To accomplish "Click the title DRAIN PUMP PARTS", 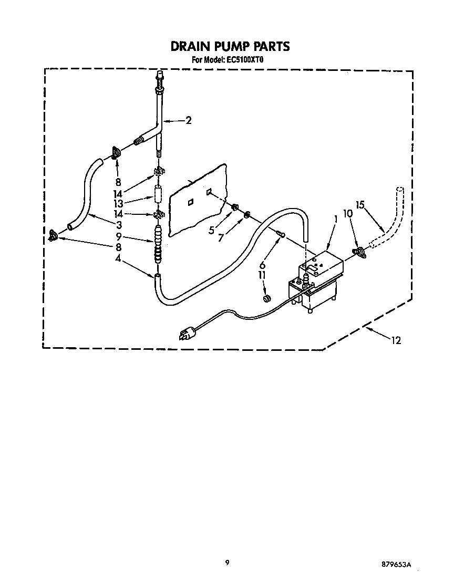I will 230,46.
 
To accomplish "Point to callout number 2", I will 188,120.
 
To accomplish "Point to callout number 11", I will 262,275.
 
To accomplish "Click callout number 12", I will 395,340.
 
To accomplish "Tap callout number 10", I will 347,214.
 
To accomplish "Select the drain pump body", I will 315,286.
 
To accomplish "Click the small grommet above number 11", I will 266,298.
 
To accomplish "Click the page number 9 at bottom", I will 227,562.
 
